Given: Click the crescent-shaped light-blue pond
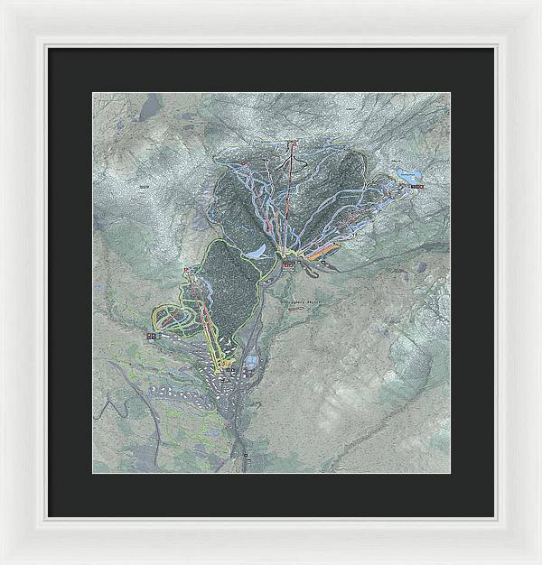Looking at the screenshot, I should click(259, 252).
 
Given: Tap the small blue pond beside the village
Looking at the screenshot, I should click(248, 363).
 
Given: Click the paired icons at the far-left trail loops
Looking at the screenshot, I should click(152, 336).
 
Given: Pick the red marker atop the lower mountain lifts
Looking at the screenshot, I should click(187, 271).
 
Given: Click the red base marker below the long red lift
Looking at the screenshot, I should click(288, 264).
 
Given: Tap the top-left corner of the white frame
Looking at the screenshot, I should click(3, 3).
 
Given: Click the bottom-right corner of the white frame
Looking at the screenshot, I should click(538, 561).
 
